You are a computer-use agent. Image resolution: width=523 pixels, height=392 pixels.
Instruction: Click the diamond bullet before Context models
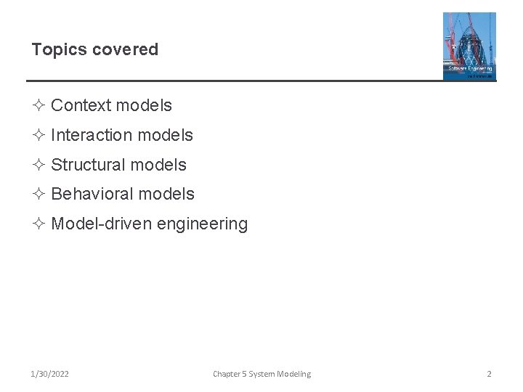(39, 106)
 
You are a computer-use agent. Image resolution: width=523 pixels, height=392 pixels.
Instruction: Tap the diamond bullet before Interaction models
(39, 136)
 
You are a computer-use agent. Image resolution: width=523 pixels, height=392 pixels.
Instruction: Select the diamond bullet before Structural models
(39, 166)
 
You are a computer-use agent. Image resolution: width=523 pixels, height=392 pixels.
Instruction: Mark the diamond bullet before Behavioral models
(39, 195)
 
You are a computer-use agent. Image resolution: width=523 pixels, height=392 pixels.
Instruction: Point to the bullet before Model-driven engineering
(39, 224)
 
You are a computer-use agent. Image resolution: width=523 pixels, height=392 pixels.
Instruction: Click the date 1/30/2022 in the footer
(50, 374)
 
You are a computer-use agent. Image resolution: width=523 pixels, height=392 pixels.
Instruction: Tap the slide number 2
(489, 374)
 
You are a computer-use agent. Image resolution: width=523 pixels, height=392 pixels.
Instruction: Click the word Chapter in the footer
(227, 374)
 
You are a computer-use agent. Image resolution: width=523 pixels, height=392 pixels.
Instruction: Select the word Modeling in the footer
(294, 374)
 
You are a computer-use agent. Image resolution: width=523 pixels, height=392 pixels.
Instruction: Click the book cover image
(469, 46)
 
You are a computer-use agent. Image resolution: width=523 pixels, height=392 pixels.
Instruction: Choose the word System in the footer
(262, 374)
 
